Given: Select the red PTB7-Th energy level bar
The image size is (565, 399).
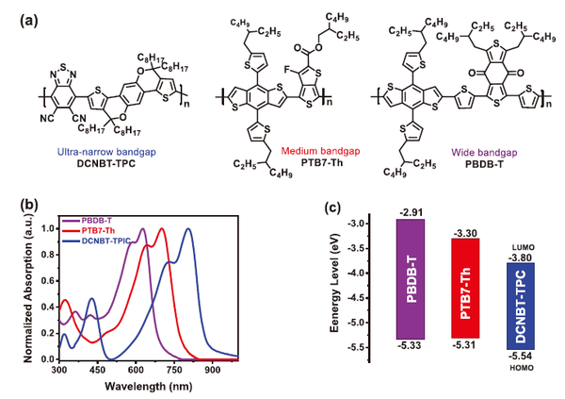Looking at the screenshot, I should click(x=467, y=289).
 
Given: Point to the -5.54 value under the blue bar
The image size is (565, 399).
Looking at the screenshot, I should click(x=522, y=356).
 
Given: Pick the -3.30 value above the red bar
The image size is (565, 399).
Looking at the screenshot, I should click(x=468, y=230).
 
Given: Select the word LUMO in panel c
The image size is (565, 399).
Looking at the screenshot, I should click(x=522, y=244).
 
